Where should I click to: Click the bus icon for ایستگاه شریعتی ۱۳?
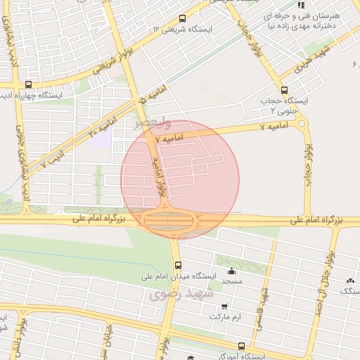[183, 19]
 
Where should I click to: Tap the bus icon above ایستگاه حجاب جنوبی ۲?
[284, 90]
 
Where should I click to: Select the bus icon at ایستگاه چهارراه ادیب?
[27, 84]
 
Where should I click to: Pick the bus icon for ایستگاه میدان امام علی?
[178, 266]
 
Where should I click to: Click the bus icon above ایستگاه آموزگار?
[241, 346]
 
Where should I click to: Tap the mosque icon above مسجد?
[232, 271]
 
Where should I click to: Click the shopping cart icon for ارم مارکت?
[224, 307]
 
